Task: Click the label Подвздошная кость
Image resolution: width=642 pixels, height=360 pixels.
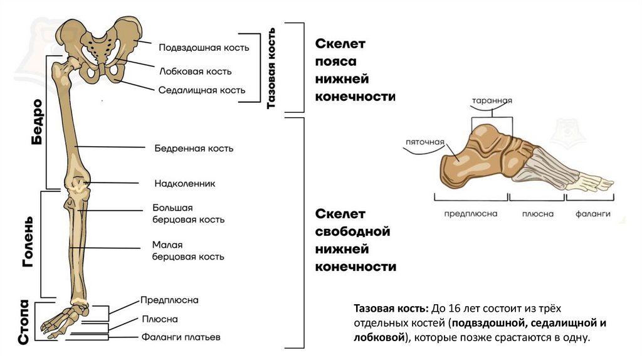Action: click(x=204, y=48)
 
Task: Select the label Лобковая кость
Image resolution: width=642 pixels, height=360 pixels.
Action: click(x=196, y=71)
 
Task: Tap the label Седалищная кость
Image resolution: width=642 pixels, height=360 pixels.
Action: click(x=201, y=90)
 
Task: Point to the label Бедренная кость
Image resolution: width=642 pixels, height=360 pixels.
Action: click(x=194, y=149)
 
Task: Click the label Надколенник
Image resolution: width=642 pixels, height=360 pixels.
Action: click(x=185, y=184)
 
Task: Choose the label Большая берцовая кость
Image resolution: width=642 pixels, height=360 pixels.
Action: click(x=188, y=214)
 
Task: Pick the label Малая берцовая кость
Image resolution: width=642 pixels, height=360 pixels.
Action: click(x=188, y=251)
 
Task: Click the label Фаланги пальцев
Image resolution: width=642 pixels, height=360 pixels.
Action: click(x=181, y=337)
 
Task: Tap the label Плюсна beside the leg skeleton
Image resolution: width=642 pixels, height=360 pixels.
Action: click(x=160, y=319)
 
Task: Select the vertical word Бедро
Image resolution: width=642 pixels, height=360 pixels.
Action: click(x=36, y=122)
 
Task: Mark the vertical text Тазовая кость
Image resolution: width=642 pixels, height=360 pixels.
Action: click(x=271, y=68)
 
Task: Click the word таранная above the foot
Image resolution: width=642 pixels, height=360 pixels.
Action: click(x=493, y=100)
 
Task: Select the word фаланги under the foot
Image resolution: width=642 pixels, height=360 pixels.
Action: click(x=593, y=214)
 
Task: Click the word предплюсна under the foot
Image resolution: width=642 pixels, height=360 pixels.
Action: click(x=470, y=214)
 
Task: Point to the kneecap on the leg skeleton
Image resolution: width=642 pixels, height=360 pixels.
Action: click(x=79, y=184)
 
